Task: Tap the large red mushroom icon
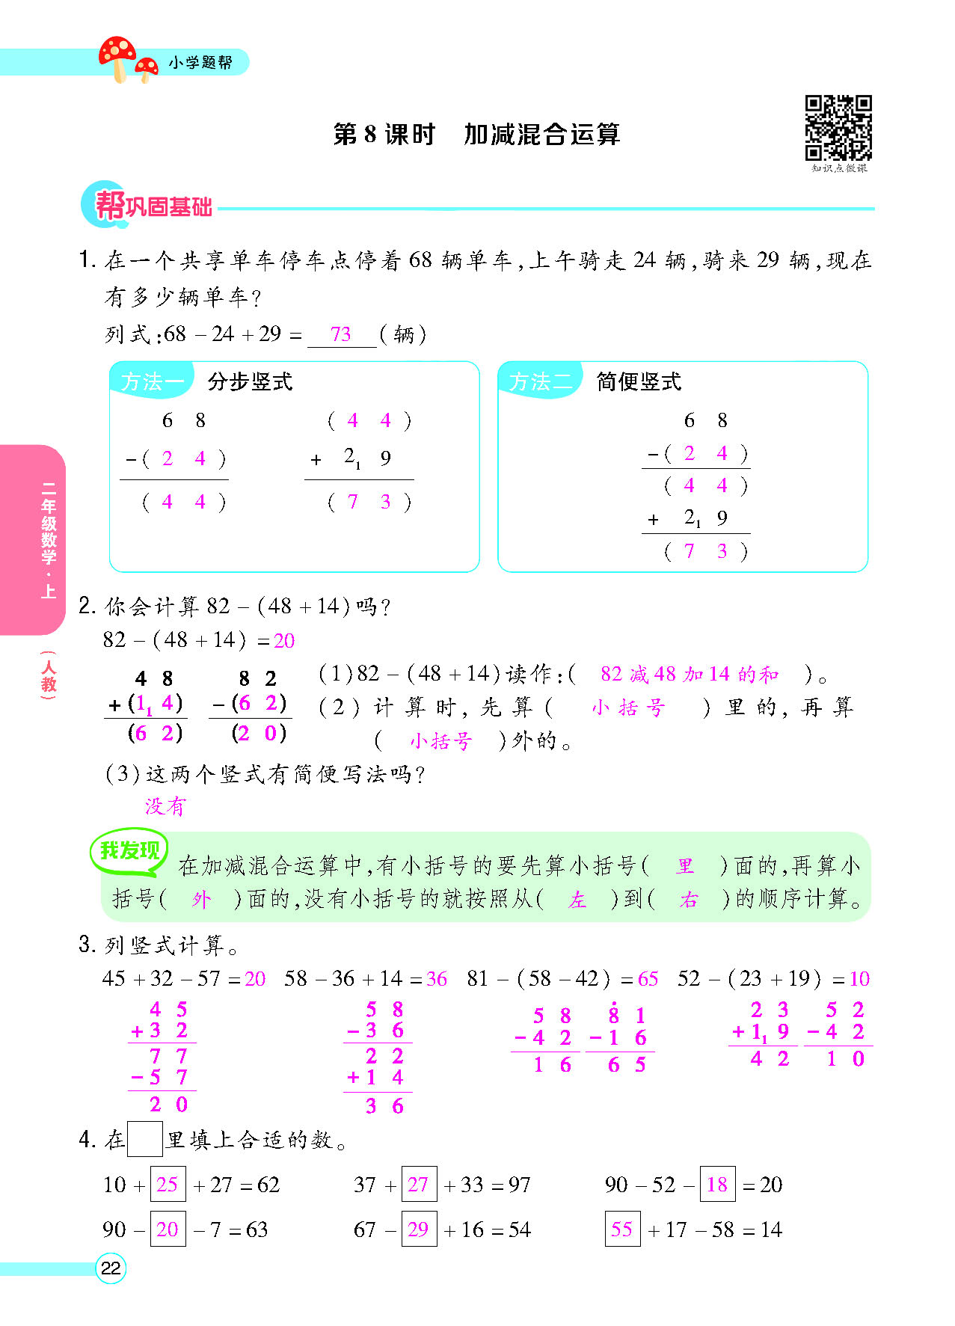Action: click(117, 55)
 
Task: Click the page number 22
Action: click(111, 1268)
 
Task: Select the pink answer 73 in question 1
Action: click(340, 334)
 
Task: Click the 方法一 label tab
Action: click(152, 381)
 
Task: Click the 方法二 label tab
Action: click(540, 381)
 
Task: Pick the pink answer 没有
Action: click(165, 806)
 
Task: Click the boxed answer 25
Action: click(168, 1184)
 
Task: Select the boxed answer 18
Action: click(717, 1184)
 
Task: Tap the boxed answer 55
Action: click(622, 1229)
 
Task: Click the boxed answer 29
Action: click(418, 1229)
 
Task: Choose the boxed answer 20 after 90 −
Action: click(168, 1229)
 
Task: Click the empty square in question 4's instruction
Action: click(144, 1140)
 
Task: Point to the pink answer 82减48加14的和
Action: click(689, 675)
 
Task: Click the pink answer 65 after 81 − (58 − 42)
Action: click(648, 979)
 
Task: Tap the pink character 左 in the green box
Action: click(577, 900)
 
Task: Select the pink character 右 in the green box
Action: click(689, 900)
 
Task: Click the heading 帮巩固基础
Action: click(153, 206)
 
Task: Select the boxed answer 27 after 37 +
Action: click(418, 1184)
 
